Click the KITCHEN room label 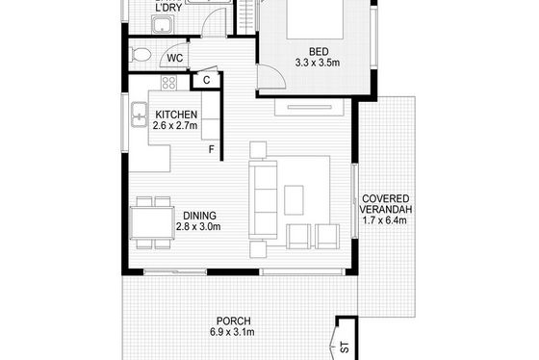pos(176,115)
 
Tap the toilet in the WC pos(141,55)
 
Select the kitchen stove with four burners pos(168,83)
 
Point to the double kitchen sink pos(139,115)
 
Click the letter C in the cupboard pos(206,80)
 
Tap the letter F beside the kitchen pos(212,149)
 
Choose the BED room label pos(319,52)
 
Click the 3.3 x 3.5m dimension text pos(318,63)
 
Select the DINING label pos(199,216)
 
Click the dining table pos(153,222)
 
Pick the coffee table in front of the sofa pos(294,200)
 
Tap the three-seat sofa pos(264,200)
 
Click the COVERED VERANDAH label pos(385,204)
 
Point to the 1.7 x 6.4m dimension pos(385,220)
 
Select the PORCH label pos(233,321)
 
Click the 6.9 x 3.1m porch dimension pos(232,332)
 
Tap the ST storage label pos(345,347)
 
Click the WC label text pos(175,58)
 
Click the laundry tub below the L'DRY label pos(164,24)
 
